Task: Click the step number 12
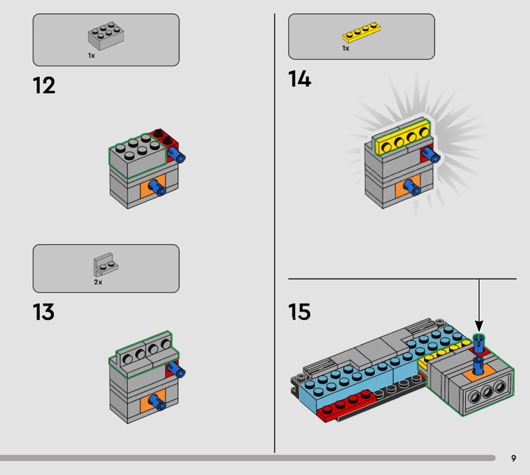(x=44, y=85)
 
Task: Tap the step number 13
(x=44, y=312)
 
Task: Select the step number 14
(x=299, y=79)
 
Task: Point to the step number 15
(x=299, y=312)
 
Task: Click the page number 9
(x=513, y=458)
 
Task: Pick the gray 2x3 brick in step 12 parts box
(x=106, y=36)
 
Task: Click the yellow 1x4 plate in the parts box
(x=362, y=32)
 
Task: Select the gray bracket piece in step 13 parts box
(x=106, y=265)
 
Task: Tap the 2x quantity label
(x=98, y=282)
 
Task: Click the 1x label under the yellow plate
(x=345, y=48)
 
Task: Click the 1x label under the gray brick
(x=91, y=56)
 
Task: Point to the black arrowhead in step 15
(x=479, y=326)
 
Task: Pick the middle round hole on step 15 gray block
(x=487, y=392)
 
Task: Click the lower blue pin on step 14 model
(x=412, y=188)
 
